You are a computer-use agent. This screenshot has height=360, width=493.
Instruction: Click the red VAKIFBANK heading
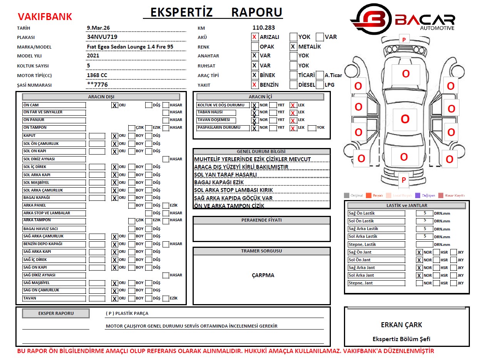coord(45,17)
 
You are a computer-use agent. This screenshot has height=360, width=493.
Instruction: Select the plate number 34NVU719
coord(102,37)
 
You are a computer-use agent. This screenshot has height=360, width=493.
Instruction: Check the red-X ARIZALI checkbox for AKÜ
coord(255,37)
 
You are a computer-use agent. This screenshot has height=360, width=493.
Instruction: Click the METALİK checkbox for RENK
coord(293,47)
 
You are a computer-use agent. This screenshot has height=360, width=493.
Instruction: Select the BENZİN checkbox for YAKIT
coord(255,85)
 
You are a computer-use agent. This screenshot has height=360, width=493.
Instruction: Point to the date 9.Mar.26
coord(98,28)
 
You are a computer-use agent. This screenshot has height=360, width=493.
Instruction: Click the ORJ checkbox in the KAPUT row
coord(114,136)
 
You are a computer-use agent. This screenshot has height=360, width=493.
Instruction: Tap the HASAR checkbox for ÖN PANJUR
coord(166,120)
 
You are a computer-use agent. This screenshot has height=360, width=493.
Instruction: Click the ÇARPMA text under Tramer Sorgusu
coord(263,275)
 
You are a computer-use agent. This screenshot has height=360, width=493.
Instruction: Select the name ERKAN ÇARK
coord(401,325)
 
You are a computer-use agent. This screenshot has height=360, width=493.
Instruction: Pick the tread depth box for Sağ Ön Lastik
coord(424,213)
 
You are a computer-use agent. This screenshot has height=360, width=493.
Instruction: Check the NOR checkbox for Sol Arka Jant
coord(419,276)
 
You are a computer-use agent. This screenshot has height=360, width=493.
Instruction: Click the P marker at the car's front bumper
coord(404,39)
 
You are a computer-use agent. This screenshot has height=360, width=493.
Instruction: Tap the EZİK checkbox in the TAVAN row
coord(166,298)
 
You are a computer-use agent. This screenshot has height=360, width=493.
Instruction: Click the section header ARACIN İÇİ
coord(260,97)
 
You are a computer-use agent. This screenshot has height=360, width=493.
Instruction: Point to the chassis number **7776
coord(97,85)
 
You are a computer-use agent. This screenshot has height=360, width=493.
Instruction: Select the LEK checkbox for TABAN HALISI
coord(293,113)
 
